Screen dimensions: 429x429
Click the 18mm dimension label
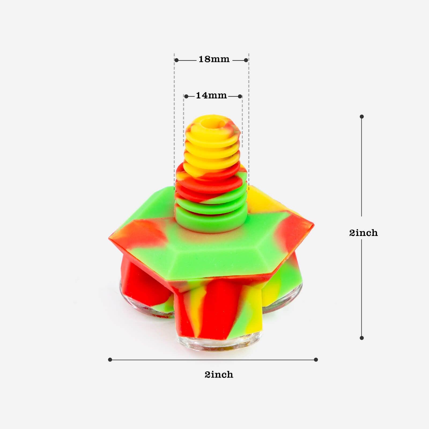(214, 59)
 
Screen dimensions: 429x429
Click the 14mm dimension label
(211, 95)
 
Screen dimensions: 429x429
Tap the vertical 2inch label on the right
(363, 233)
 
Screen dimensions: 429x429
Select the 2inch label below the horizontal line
(219, 374)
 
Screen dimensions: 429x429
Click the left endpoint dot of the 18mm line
(176, 60)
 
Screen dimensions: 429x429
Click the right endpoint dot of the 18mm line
(246, 60)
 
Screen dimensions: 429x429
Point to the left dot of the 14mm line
(186, 96)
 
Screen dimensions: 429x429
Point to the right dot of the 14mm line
(240, 96)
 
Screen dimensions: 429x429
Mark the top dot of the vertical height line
(362, 116)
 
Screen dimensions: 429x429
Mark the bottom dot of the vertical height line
(362, 338)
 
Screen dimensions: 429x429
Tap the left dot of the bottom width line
(110, 360)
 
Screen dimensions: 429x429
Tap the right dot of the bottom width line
(316, 360)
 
